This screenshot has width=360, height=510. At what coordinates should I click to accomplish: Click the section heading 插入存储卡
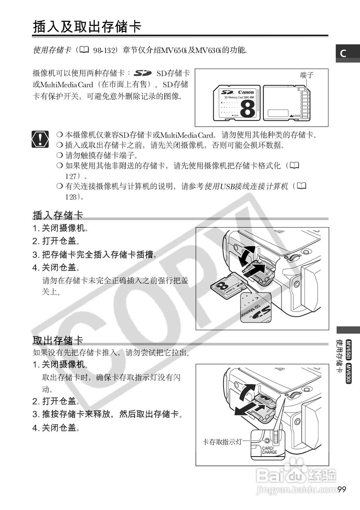point(58,215)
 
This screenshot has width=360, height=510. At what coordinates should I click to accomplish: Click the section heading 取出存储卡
point(58,340)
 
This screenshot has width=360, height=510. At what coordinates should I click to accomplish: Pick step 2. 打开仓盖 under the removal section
point(56,401)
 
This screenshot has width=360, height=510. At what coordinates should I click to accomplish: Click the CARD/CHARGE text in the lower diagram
point(270,450)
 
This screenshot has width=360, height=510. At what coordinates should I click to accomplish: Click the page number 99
point(342,489)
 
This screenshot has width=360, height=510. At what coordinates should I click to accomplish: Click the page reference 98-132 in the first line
point(104,51)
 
